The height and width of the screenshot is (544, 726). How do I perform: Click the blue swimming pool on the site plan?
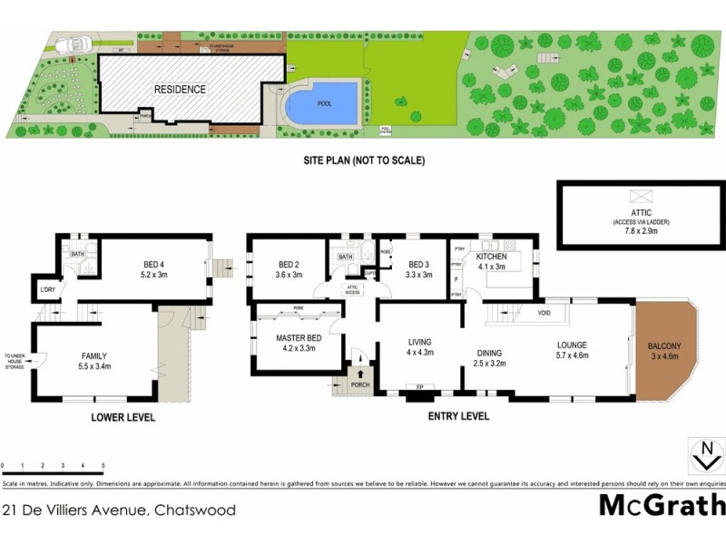point(322,102)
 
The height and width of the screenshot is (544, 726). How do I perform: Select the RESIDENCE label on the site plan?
point(180,90)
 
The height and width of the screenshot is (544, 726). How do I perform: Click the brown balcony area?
point(667,350)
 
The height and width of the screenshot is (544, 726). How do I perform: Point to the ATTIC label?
point(641,213)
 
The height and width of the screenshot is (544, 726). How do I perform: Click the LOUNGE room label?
point(573,345)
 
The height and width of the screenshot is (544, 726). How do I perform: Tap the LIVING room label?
point(420,342)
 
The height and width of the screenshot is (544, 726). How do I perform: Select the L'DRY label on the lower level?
point(47,290)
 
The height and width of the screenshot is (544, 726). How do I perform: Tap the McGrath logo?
point(662,504)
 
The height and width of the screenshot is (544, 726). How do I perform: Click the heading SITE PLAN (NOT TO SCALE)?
point(364,160)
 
